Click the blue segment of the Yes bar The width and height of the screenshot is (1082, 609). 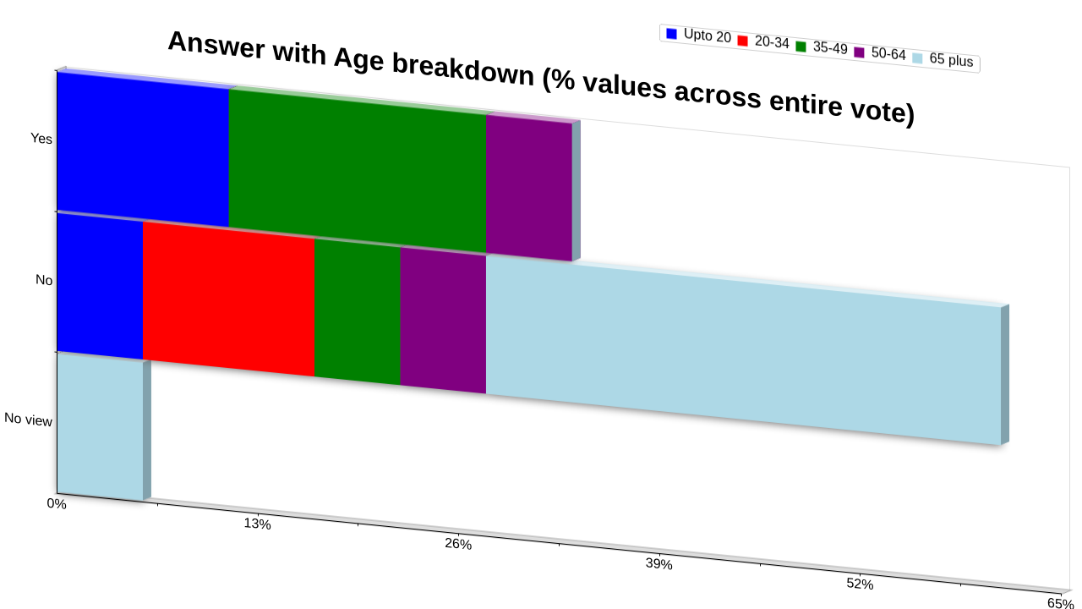pos(143,150)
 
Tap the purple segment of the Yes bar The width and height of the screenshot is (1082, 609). pos(529,188)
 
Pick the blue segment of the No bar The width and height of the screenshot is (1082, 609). pos(100,286)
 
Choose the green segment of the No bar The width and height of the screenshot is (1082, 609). pos(358,312)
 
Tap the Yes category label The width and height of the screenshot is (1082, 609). pos(41,139)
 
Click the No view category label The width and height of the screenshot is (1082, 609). pos(28,420)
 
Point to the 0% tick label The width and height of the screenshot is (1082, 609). pos(57,503)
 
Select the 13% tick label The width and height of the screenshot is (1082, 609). pos(258,524)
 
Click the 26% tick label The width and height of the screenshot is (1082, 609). pos(458,544)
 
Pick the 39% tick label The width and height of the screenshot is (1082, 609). pos(659,564)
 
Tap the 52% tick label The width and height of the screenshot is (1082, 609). pos(861,584)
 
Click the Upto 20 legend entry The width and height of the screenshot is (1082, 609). pos(698,36)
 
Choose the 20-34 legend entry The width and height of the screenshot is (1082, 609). pos(763,41)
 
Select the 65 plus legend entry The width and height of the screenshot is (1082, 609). pos(943,59)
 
